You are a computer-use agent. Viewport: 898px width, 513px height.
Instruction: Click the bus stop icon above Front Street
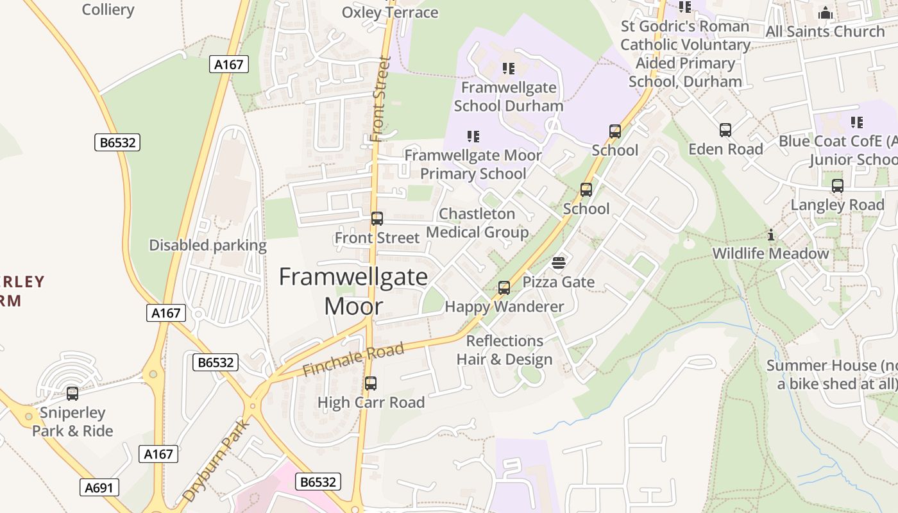tap(377, 219)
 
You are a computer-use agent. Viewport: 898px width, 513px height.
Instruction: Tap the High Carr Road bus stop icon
tap(371, 383)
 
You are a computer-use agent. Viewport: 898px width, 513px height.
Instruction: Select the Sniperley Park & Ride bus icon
tap(72, 393)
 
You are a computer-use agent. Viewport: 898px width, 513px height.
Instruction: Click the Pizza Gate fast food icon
tap(558, 263)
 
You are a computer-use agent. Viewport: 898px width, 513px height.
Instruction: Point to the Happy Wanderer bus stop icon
tap(504, 287)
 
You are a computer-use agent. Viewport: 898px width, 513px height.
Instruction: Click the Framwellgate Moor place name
tap(353, 291)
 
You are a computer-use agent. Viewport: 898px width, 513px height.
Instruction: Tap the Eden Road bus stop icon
tap(725, 130)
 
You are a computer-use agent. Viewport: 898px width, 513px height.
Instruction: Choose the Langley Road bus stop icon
tap(838, 186)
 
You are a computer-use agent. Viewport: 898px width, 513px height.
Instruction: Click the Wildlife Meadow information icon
tap(771, 235)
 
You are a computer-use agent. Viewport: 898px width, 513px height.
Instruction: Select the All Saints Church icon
tap(826, 13)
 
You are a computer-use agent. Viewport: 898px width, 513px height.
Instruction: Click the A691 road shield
tap(99, 487)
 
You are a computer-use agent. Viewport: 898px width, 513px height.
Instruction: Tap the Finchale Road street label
tap(353, 360)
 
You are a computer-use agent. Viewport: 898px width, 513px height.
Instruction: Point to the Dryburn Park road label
tap(216, 460)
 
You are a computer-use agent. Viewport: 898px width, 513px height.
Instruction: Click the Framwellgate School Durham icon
tap(509, 68)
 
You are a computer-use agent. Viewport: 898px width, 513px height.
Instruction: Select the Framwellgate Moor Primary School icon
tap(473, 136)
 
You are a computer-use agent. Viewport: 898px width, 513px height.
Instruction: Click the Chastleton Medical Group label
tap(477, 223)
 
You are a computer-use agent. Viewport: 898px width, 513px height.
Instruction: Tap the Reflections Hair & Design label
tap(505, 350)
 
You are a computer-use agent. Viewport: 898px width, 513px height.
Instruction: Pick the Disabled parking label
tap(208, 245)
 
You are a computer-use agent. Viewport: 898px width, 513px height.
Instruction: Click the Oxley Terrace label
tap(390, 12)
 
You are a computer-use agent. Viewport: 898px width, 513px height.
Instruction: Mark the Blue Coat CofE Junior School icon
tap(857, 122)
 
